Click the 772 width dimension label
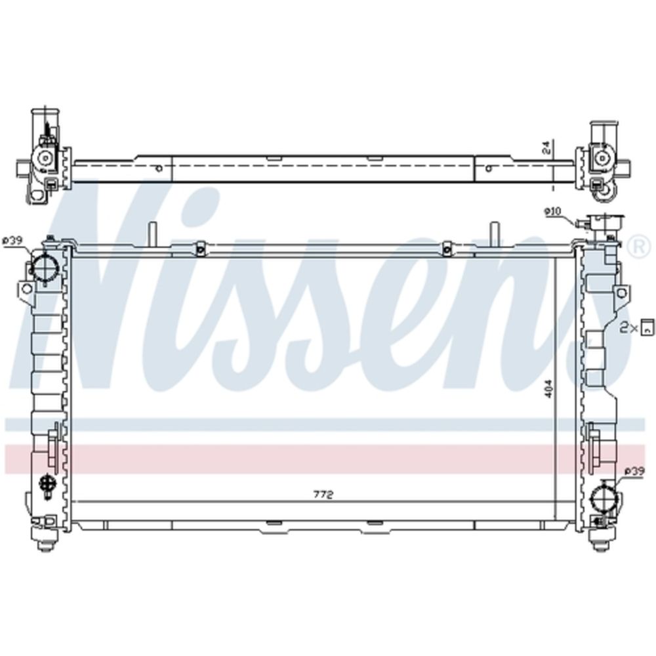click(x=323, y=495)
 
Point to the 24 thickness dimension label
click(x=549, y=148)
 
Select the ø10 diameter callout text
click(x=552, y=212)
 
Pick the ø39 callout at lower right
click(x=634, y=472)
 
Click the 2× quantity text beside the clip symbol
click(x=628, y=329)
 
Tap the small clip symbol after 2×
click(x=647, y=326)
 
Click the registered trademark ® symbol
click(x=640, y=247)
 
